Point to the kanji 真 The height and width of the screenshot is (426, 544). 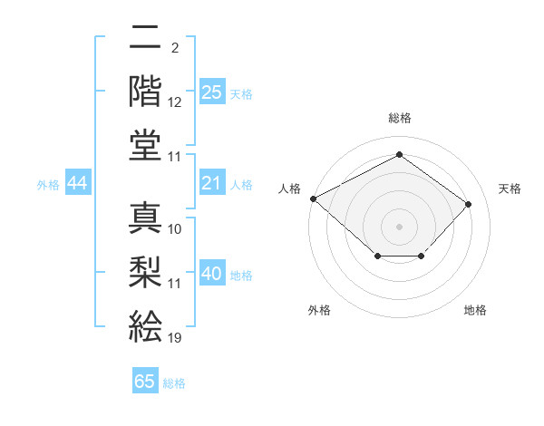pyautogui.click(x=145, y=218)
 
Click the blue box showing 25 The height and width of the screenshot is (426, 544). pyautogui.click(x=212, y=92)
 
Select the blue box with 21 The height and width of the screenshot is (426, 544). pyautogui.click(x=212, y=184)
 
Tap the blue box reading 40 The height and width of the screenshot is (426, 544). pyautogui.click(x=212, y=274)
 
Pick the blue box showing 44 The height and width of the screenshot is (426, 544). pyautogui.click(x=78, y=184)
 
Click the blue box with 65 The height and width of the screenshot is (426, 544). pyautogui.click(x=145, y=382)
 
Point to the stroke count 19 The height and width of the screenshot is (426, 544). pyautogui.click(x=175, y=338)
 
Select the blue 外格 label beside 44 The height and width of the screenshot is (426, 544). pyautogui.click(x=48, y=185)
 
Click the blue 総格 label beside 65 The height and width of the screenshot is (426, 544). pyautogui.click(x=174, y=383)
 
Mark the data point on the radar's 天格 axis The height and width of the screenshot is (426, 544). pyautogui.click(x=468, y=204)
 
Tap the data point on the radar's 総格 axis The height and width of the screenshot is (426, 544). pyautogui.click(x=399, y=155)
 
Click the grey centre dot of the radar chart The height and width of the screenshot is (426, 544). pyautogui.click(x=399, y=226)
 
